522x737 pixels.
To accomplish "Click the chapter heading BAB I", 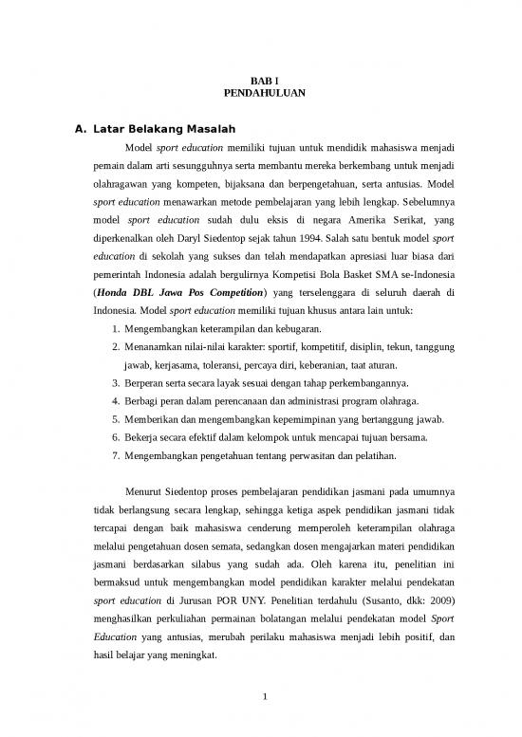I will pos(261,83).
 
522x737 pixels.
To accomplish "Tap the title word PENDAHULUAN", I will pos(261,96).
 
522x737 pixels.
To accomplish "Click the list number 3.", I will pos(115,383).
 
